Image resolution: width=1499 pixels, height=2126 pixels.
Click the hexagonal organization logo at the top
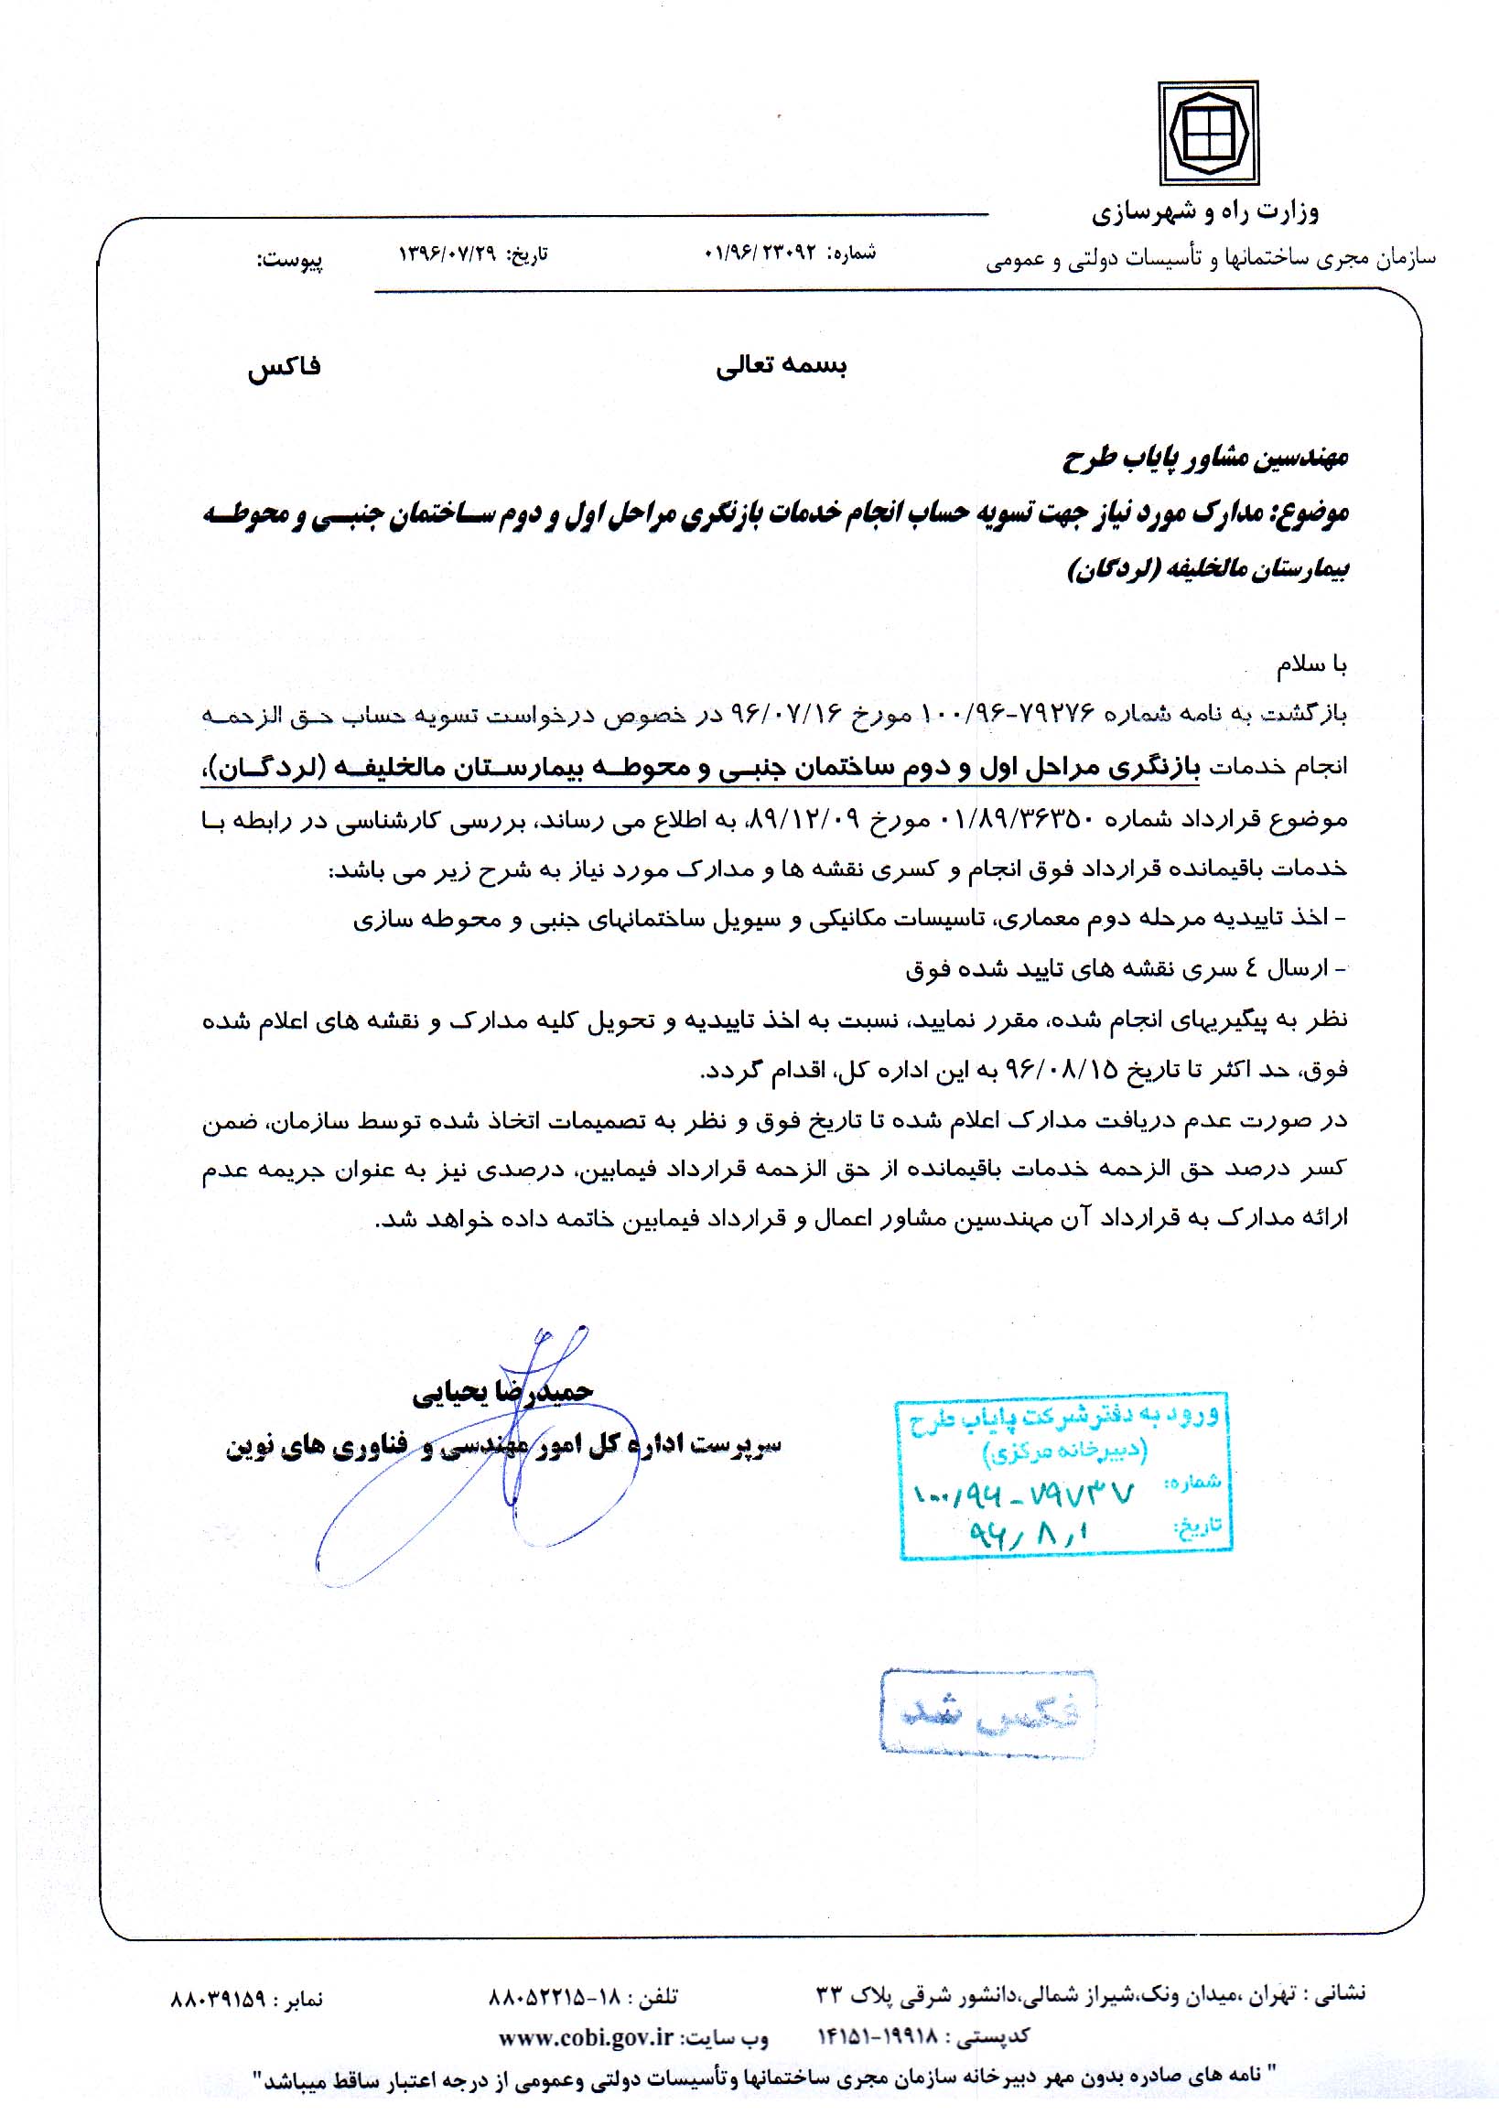pos(1208,134)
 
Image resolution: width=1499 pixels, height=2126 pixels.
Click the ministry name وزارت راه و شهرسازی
pos(1204,213)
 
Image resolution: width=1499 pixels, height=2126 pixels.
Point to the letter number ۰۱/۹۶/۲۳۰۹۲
pos(759,252)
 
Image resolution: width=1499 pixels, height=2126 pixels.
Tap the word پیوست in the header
pos(290,260)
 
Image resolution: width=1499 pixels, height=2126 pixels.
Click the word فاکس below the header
pos(284,367)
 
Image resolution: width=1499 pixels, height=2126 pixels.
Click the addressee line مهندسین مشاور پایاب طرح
pos(1204,457)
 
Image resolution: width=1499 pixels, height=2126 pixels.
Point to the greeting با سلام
pos(1313,663)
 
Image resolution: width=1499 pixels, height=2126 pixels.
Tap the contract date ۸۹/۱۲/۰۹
pos(809,818)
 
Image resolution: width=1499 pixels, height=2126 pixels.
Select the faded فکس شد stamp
pos(988,1712)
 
